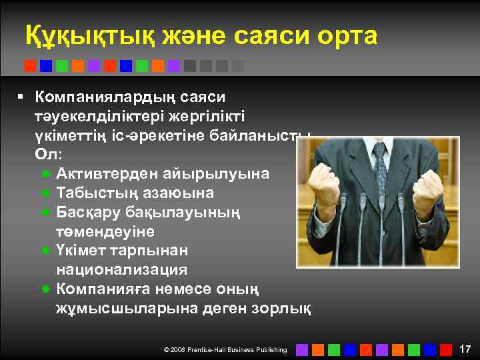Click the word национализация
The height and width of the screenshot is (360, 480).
121,270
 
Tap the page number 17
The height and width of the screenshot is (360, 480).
465,349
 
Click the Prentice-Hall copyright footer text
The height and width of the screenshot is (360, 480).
225,349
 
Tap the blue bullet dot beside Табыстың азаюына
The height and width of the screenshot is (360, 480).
44,193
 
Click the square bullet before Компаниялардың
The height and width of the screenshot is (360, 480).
22,97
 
